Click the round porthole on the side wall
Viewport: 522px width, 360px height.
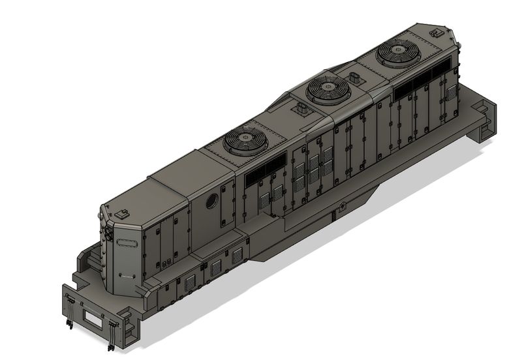pyautogui.click(x=212, y=202)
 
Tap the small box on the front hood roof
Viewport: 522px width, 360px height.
pyautogui.click(x=123, y=212)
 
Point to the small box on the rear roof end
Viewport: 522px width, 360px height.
pyautogui.click(x=436, y=31)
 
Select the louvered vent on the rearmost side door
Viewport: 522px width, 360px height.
pyautogui.click(x=449, y=91)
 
